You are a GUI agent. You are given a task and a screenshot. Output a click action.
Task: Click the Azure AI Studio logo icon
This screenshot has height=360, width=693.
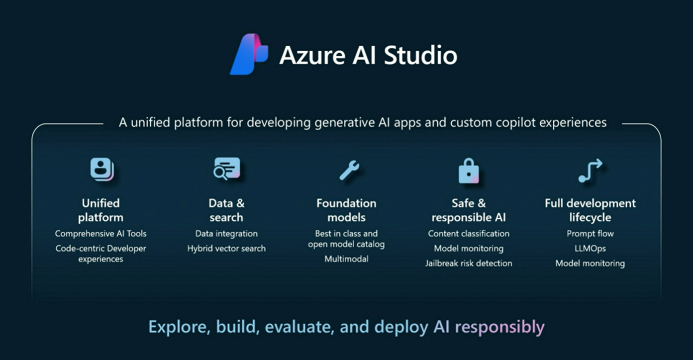[x=249, y=54]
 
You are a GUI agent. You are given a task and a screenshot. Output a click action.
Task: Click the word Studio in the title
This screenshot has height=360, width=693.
[x=420, y=55]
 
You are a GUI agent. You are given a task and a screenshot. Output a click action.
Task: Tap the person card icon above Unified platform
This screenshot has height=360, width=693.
[x=102, y=169]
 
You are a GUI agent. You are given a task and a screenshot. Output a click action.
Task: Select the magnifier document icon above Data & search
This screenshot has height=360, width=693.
[x=227, y=168]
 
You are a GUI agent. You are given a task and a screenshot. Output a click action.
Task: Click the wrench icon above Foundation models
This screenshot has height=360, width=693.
[x=349, y=170]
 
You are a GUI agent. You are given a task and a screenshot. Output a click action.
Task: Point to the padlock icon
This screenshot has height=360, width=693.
[x=469, y=171]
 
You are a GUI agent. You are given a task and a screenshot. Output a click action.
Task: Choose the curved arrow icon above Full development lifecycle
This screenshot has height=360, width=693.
[x=591, y=171]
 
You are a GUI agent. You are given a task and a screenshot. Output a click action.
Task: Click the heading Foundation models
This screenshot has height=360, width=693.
[x=346, y=210]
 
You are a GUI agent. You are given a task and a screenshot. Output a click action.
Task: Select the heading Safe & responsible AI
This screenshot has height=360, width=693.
[x=469, y=210]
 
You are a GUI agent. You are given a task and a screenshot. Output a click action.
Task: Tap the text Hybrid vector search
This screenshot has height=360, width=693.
[x=226, y=248]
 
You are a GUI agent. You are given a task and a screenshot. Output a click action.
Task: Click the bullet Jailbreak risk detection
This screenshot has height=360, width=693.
[x=469, y=263]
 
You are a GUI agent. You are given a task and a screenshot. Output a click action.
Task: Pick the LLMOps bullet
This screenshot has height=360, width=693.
[x=591, y=248]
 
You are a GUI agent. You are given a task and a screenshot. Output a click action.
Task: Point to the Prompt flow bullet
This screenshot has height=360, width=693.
[x=591, y=234]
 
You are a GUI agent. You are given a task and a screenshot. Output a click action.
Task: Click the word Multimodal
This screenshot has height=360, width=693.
[x=346, y=259]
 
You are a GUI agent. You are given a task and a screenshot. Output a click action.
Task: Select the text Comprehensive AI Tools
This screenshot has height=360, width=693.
[x=101, y=234]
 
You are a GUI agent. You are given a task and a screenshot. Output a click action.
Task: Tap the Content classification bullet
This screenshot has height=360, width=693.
[x=469, y=234]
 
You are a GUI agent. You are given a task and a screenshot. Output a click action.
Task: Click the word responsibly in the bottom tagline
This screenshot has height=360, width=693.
[x=499, y=327]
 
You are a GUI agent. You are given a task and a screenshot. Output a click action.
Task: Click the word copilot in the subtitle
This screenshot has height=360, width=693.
[x=516, y=123]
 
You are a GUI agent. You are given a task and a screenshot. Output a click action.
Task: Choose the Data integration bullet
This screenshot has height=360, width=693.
[x=226, y=234]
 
